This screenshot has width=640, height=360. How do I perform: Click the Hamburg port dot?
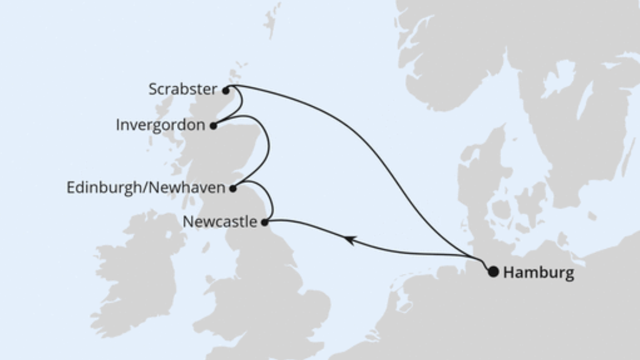pyautogui.click(x=493, y=272)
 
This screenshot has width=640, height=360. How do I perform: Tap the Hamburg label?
pyautogui.click(x=538, y=273)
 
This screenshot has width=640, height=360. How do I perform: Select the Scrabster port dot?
pyautogui.click(x=226, y=90)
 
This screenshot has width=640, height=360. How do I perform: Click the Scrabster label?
pyautogui.click(x=183, y=89)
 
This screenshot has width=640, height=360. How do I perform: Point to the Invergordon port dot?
pyautogui.click(x=213, y=126)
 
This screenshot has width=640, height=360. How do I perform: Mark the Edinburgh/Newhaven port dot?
pyautogui.click(x=233, y=188)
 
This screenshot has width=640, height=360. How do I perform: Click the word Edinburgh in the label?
pyautogui.click(x=97, y=187)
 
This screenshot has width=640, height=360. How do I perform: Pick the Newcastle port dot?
pyautogui.click(x=265, y=222)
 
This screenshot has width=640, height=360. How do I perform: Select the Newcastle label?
pyautogui.click(x=219, y=222)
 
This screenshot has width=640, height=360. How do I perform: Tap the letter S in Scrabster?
pyautogui.click(x=153, y=89)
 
